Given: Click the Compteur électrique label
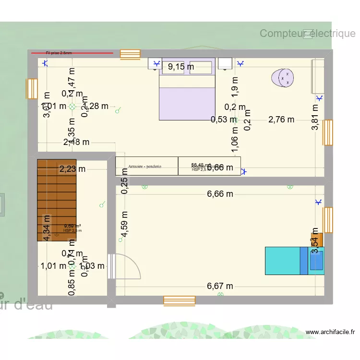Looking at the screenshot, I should (x=307, y=33).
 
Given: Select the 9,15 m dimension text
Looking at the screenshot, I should (x=180, y=67).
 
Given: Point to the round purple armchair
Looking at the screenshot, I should (x=283, y=78).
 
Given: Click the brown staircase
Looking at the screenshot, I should (x=57, y=199).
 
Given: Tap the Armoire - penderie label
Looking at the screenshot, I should (x=145, y=167).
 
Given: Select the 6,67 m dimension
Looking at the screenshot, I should (x=220, y=286).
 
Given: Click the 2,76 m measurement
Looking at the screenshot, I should (x=281, y=120).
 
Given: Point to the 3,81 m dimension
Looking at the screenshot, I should (x=315, y=118).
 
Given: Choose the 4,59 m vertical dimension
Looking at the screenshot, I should (x=124, y=225).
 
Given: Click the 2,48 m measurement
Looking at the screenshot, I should (x=76, y=142).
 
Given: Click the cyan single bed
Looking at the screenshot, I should (x=288, y=261).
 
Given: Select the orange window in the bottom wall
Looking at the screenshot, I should (x=179, y=300).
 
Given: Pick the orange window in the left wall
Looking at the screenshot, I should (x=32, y=89).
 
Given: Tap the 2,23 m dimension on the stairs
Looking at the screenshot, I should (x=72, y=168).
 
